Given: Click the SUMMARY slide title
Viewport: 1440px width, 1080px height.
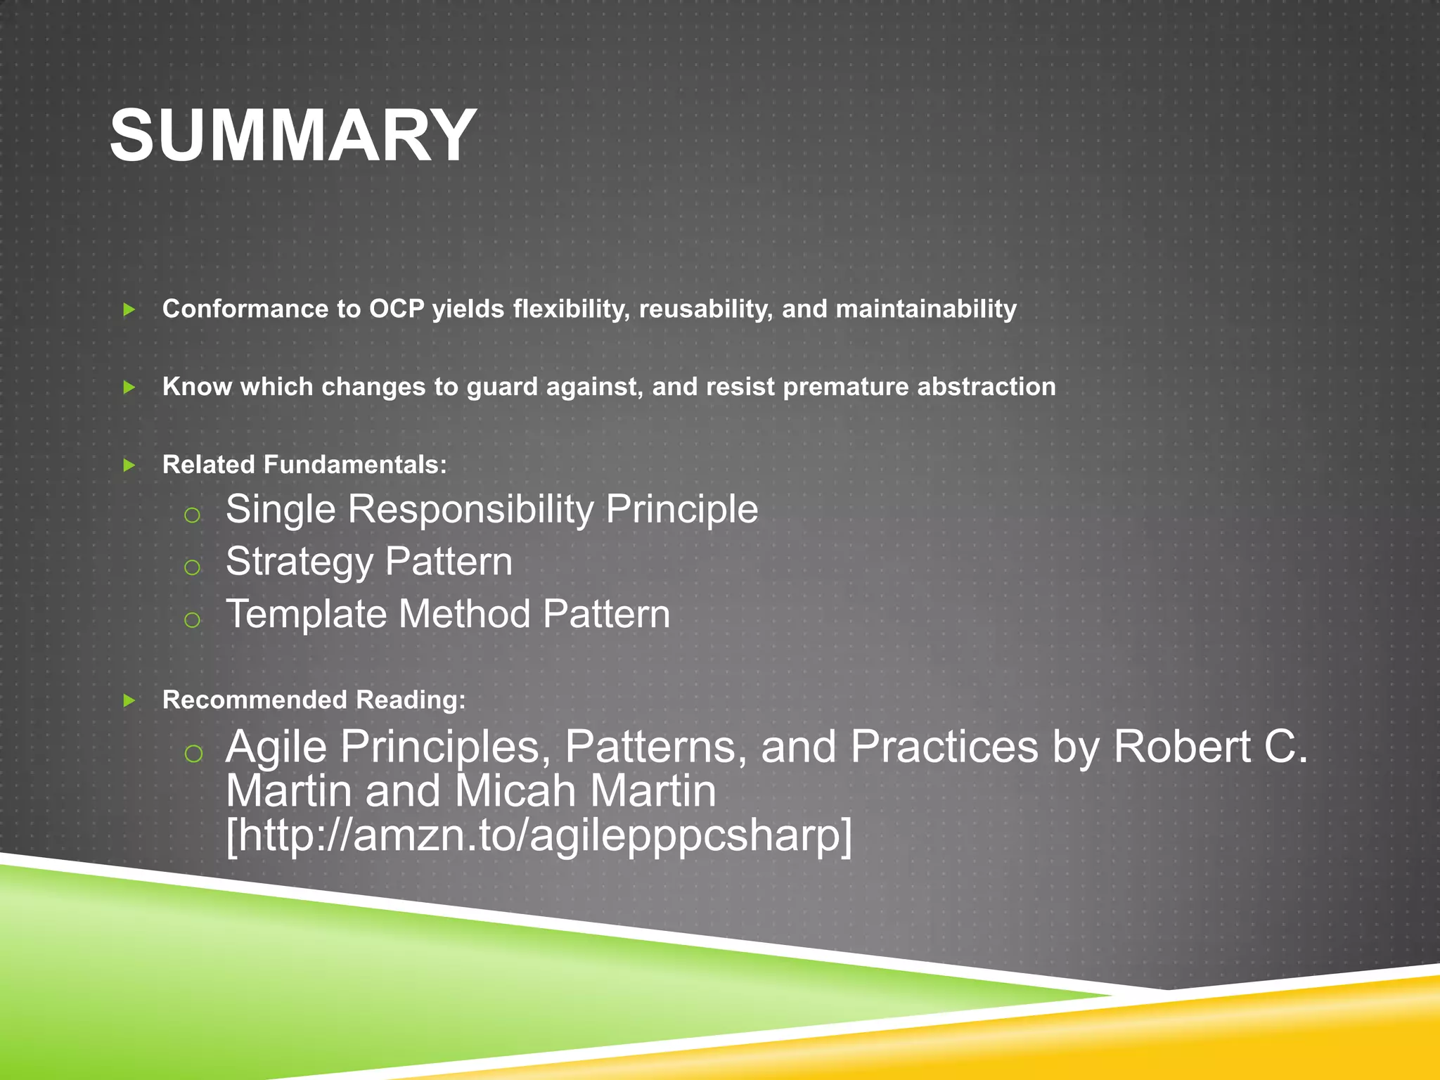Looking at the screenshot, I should point(293,136).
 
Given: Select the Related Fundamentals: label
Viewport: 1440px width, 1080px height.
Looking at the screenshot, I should point(304,465).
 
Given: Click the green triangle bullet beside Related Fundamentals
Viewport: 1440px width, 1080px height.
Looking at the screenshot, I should point(129,465).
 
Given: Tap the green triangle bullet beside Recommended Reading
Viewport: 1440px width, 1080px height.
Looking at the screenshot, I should point(129,700).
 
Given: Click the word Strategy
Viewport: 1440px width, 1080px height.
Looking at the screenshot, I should point(299,562).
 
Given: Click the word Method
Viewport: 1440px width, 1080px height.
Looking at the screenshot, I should point(464,615).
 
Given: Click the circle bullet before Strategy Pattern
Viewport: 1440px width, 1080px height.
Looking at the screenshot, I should point(192,567).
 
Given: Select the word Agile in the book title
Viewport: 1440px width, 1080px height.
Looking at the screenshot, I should point(276,747).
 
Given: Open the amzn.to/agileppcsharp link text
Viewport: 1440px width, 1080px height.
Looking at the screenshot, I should point(539,835).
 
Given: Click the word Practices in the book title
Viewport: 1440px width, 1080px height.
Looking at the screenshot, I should point(944,747).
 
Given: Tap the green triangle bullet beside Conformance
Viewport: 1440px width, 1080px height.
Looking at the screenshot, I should point(129,309).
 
